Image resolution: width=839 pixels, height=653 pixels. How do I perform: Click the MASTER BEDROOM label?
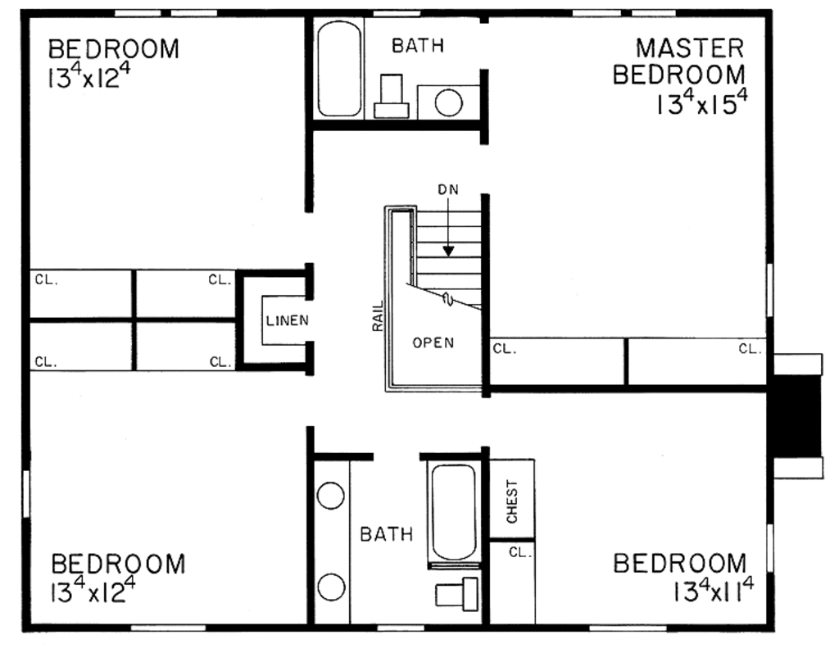679,61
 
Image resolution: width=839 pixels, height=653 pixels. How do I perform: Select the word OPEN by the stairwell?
433,343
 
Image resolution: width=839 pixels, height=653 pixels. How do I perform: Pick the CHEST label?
513,501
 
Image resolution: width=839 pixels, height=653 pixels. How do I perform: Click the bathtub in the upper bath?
338,69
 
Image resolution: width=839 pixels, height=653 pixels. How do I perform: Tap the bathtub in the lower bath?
452,512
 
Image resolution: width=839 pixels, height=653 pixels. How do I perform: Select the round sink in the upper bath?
448,103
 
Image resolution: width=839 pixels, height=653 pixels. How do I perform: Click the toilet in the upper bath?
391,97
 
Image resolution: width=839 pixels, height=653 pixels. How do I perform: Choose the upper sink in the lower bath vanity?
330,497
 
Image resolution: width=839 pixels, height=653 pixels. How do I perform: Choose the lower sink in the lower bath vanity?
330,587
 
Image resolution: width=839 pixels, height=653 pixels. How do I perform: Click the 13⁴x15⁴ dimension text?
701,103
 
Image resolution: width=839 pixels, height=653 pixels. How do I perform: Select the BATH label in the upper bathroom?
417,46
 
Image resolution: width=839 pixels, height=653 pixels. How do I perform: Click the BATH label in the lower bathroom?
387,535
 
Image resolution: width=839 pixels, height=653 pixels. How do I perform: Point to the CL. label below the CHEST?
519,552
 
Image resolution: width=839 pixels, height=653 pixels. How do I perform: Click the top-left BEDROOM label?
113,48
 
